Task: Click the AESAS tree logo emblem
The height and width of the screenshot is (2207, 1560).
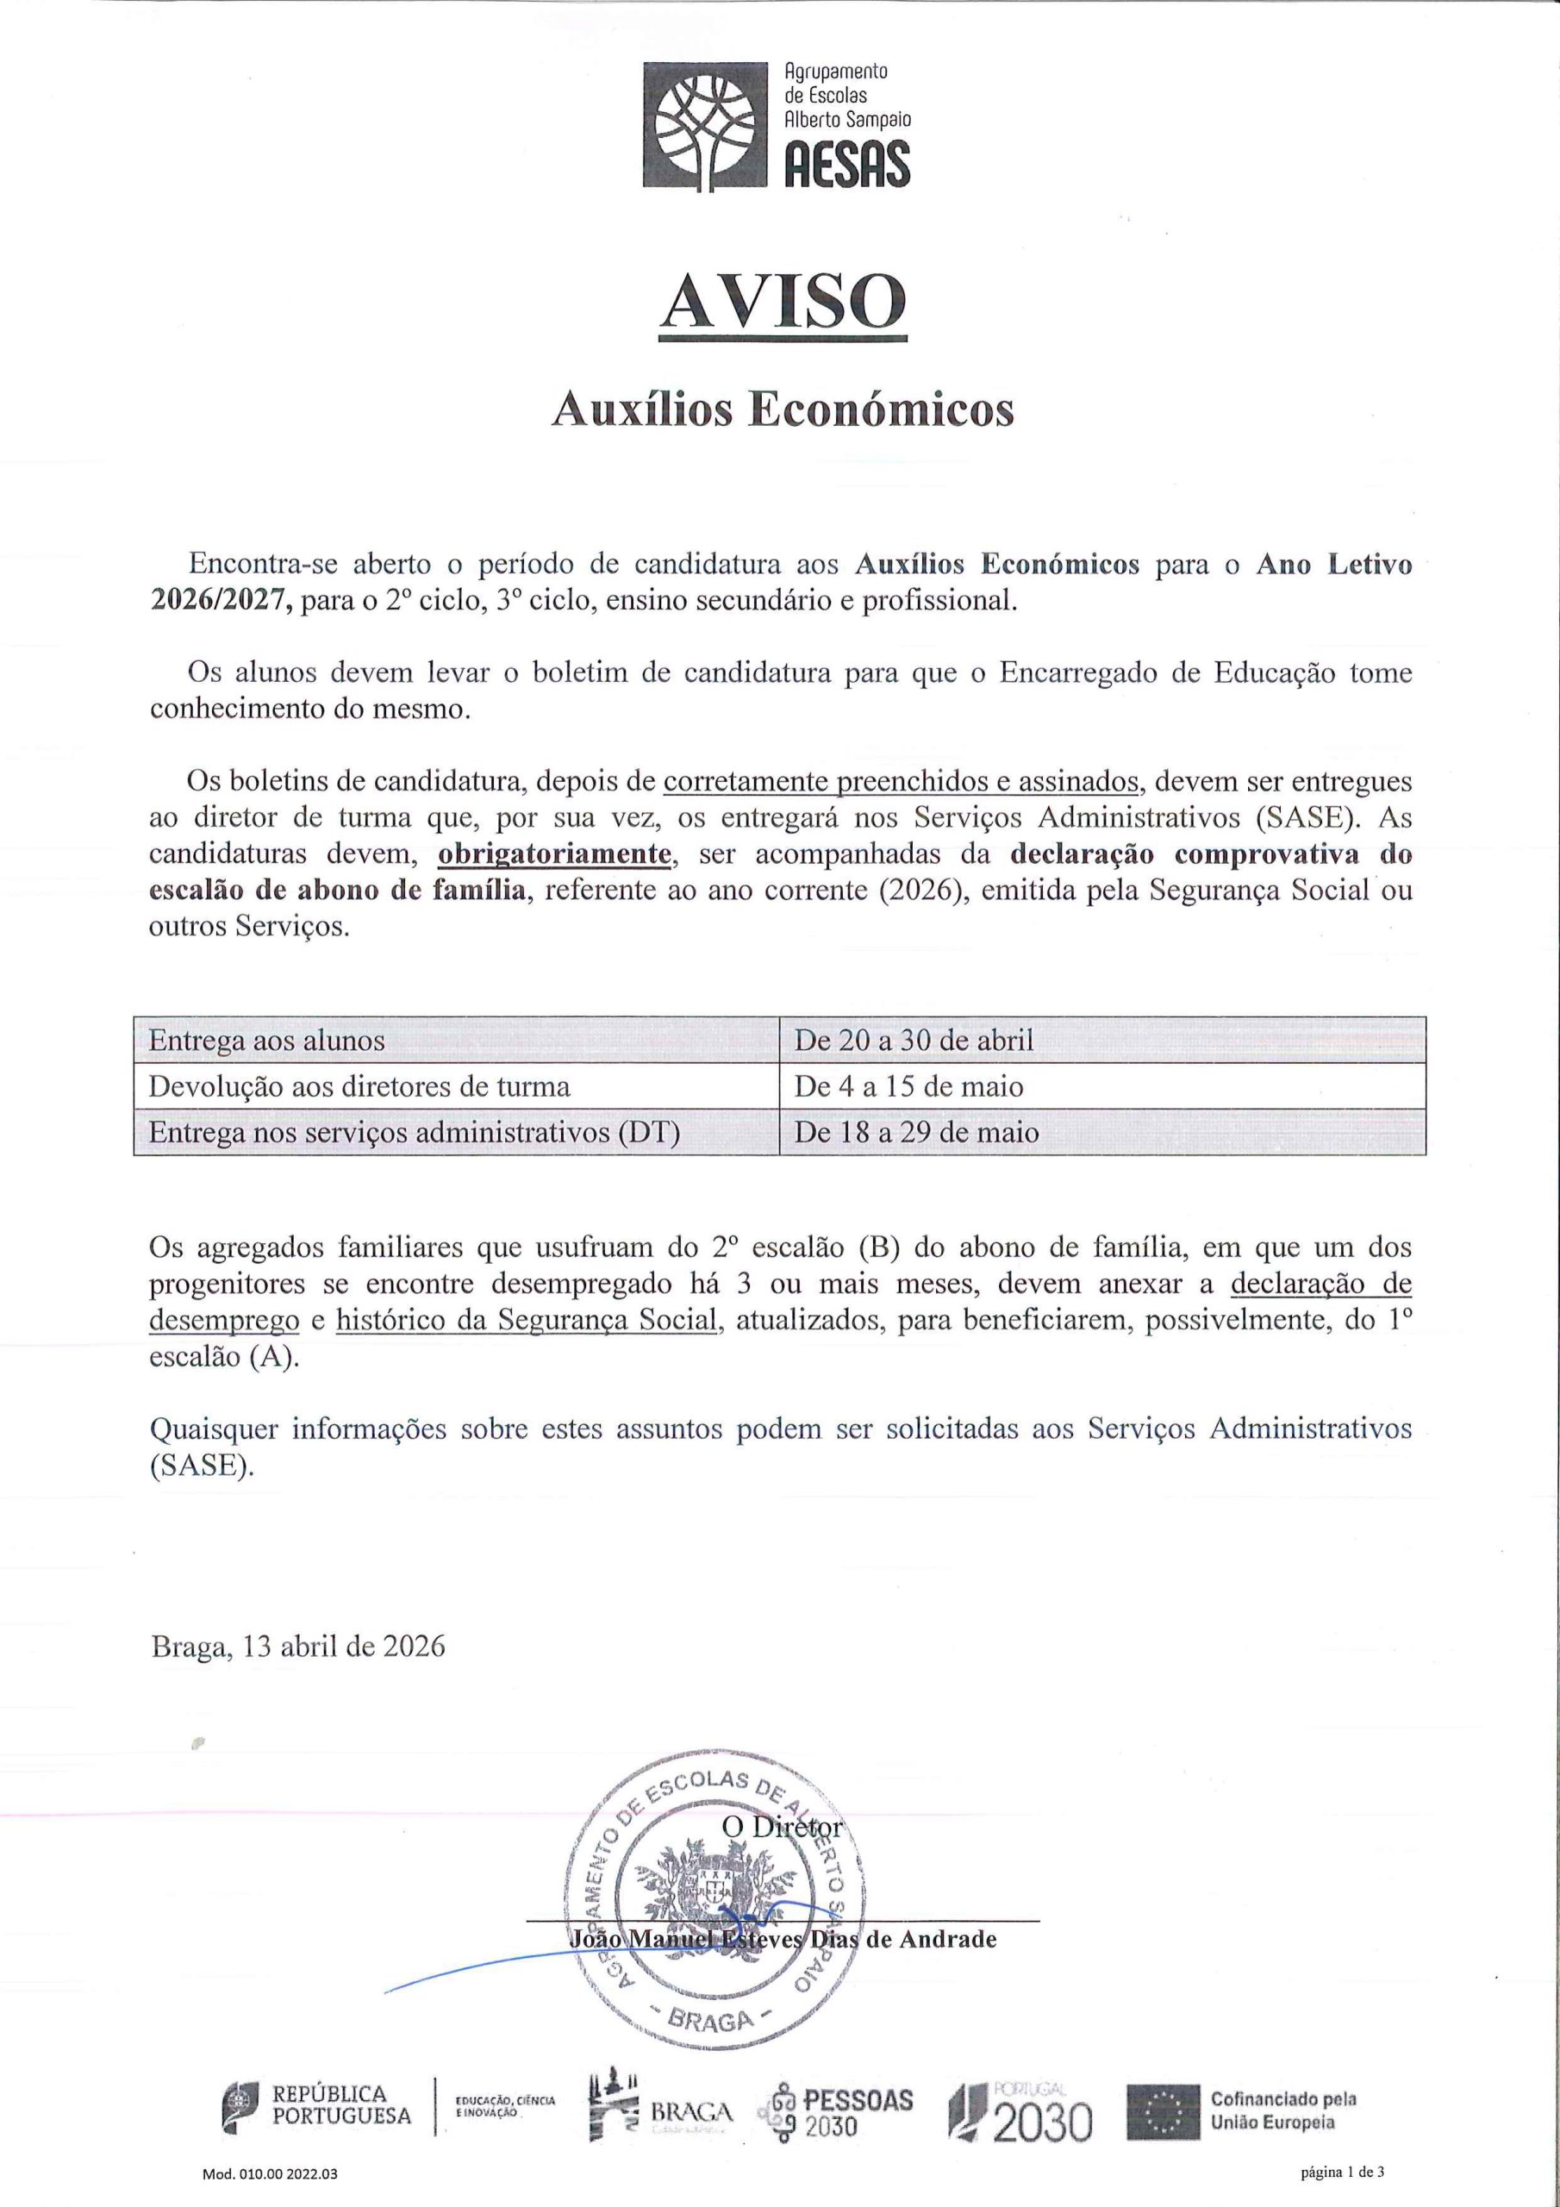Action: point(703,125)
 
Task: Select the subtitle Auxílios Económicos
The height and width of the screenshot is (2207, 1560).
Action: point(783,410)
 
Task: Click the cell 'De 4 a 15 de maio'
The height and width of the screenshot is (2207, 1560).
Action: point(908,1087)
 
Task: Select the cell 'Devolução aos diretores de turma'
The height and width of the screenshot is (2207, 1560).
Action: point(359,1087)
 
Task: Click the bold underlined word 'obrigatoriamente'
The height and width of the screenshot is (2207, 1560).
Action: point(553,853)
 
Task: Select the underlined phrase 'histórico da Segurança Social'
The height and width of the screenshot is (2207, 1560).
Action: point(527,1321)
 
